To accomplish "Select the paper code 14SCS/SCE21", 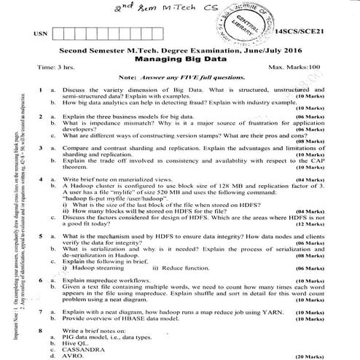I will (x=300, y=34).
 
